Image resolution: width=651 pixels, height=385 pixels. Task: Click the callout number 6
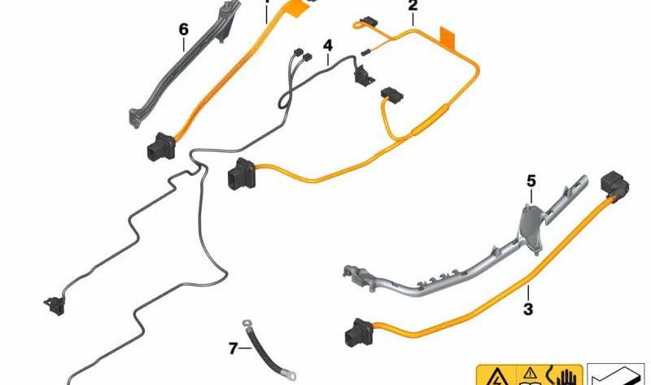pyautogui.click(x=184, y=29)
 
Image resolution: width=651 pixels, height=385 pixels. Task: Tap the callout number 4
pyautogui.click(x=328, y=46)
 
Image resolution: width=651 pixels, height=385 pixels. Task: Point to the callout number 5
pyautogui.click(x=531, y=181)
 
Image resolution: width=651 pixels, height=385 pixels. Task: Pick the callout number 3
pyautogui.click(x=528, y=308)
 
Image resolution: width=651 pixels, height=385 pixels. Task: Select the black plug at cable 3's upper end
pyautogui.click(x=614, y=187)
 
